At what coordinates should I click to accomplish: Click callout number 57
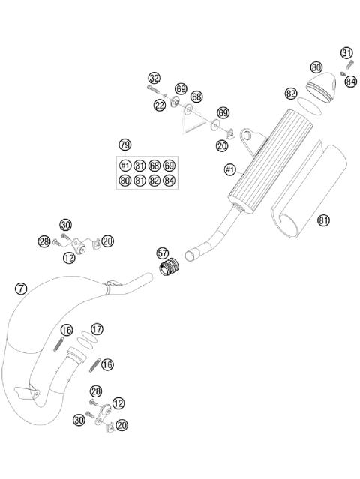point(163,253)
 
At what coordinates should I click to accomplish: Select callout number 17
point(97,329)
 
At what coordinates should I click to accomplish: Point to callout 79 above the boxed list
point(125,144)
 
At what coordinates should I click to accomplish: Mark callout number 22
point(159,106)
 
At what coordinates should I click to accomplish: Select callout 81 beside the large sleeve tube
point(324,220)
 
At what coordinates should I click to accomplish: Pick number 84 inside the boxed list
point(169,180)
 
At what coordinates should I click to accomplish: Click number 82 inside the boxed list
point(154,180)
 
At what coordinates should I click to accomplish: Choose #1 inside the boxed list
point(125,166)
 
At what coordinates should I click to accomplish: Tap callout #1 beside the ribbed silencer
point(230,170)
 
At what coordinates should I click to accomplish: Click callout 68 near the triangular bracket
point(196,97)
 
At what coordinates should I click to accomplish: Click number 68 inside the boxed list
point(154,166)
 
